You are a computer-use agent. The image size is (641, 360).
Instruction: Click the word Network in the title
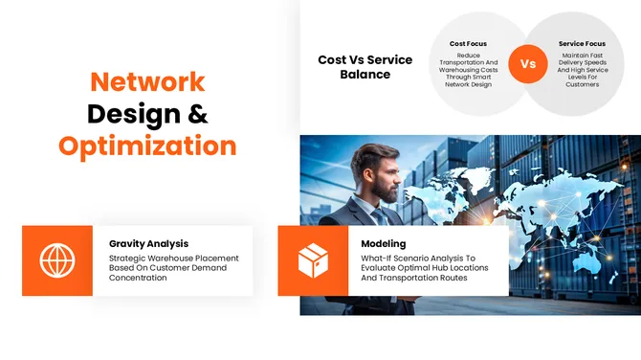pos(147,81)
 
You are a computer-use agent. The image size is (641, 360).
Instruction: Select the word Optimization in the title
pos(147,146)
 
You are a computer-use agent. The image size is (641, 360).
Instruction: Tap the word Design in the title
pos(132,114)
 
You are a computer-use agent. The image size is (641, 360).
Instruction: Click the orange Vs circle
pos(527,64)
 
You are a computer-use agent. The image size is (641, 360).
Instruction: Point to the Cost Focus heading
pos(469,43)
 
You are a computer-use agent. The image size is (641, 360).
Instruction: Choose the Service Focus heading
pos(581,43)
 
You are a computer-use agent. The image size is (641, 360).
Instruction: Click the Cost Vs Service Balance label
pos(365,67)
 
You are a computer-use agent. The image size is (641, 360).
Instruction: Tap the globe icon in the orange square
pos(57,260)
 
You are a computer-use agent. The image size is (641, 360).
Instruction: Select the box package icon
pos(313,260)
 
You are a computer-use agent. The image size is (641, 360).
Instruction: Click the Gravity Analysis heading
pos(148,243)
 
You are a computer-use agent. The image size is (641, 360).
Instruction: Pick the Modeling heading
pos(384,243)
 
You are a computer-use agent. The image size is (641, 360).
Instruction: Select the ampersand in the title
pos(196,114)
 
